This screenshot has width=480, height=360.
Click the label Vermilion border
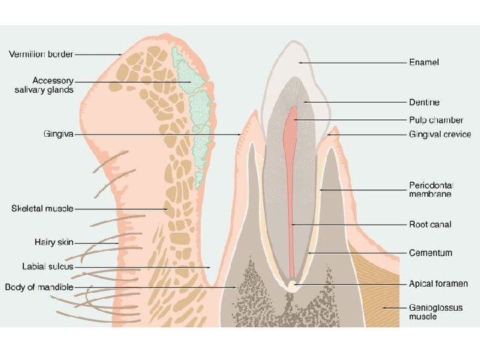(41, 53)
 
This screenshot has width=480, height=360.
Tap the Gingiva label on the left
(58, 134)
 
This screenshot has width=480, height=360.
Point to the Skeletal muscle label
(42, 209)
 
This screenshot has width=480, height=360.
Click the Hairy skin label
(54, 242)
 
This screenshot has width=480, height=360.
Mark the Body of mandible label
(39, 287)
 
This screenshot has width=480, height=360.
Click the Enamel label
(424, 62)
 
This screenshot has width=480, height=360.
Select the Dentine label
(424, 102)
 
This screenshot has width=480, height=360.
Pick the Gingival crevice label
(439, 134)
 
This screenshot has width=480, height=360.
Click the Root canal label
(429, 224)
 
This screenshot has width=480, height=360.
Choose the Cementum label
(430, 253)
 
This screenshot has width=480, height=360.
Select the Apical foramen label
(438, 284)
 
